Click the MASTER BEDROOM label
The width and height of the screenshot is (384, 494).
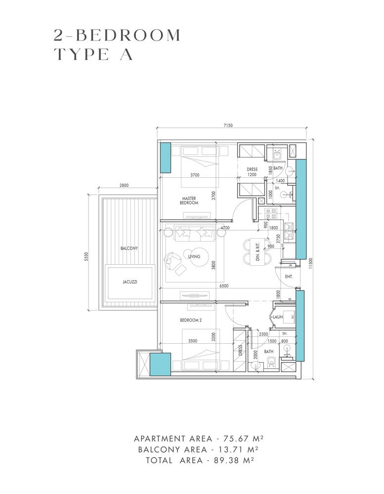pos(189,200)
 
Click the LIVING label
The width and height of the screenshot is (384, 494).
pos(194,256)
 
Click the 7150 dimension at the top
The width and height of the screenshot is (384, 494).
pos(227,125)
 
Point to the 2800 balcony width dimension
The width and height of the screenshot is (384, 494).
pos(124,185)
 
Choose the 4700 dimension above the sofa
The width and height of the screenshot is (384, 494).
pos(225,228)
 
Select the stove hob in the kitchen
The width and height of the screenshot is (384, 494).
pos(271,214)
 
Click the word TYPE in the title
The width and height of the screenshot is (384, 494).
pos(81,55)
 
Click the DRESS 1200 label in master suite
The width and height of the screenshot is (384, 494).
pos(252,172)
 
